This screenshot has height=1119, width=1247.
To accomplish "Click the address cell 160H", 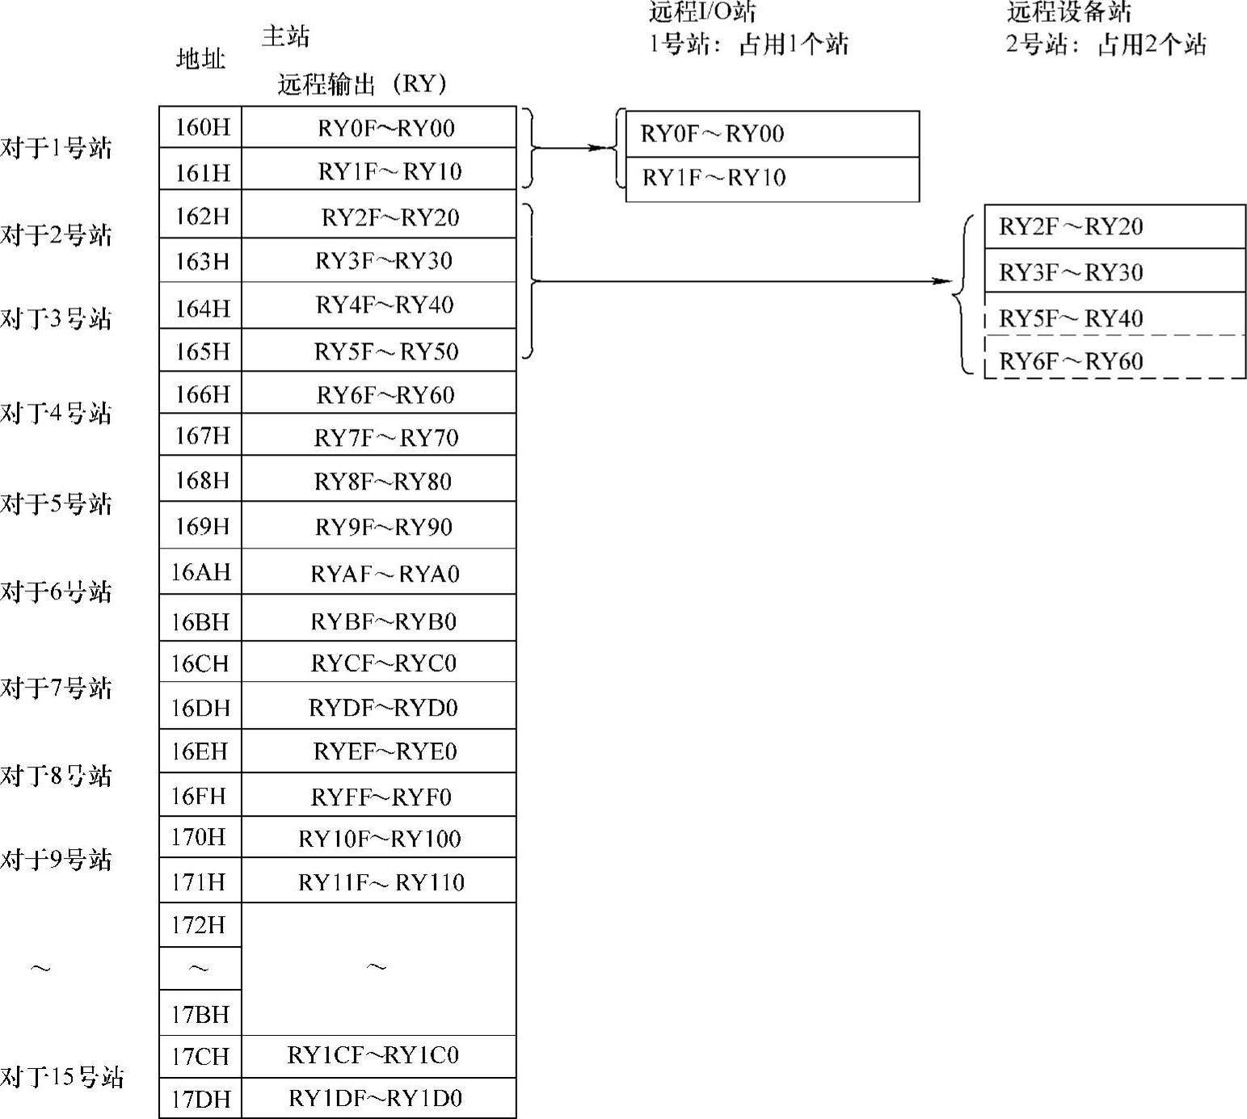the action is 201,127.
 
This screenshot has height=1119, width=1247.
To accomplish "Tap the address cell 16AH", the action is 200,572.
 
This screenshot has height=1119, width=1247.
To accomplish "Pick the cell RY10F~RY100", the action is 379,838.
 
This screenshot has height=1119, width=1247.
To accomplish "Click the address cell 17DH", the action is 200,1098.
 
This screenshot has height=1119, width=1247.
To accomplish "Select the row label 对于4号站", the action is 56,413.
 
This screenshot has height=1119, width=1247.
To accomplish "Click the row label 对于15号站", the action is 61,1076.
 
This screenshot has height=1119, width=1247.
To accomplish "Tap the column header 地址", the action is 200,58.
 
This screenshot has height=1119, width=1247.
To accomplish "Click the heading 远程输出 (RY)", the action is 361,84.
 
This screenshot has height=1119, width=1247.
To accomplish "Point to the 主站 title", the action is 285,36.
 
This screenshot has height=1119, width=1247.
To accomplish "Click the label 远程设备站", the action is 1068,11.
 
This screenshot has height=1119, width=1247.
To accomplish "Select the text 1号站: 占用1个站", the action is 748,44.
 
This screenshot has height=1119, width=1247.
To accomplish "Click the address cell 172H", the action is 199,924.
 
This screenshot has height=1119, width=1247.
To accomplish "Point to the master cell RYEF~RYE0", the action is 385,751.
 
